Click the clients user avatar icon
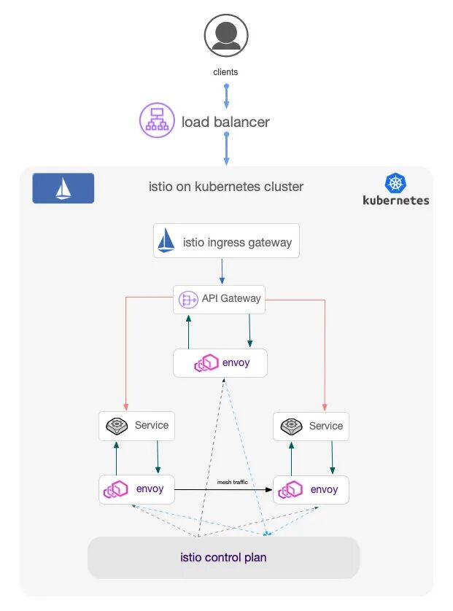[x=225, y=36]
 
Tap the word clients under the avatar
[x=225, y=72]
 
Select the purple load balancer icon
[x=157, y=120]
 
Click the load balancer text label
[x=225, y=122]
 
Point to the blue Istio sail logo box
[x=63, y=188]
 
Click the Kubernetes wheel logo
[x=396, y=183]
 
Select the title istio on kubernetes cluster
[x=226, y=187]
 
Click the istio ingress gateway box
[x=226, y=241]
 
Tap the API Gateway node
[x=220, y=298]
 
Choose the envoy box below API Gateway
[x=220, y=362]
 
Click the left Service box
[x=136, y=426]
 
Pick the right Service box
[x=311, y=426]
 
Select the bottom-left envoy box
[x=136, y=489]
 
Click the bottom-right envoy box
[x=311, y=489]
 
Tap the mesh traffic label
[x=232, y=482]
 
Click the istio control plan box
[x=223, y=558]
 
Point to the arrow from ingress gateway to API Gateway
[x=222, y=271]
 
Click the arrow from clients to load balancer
[x=226, y=96]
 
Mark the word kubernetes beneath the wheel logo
[x=396, y=200]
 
